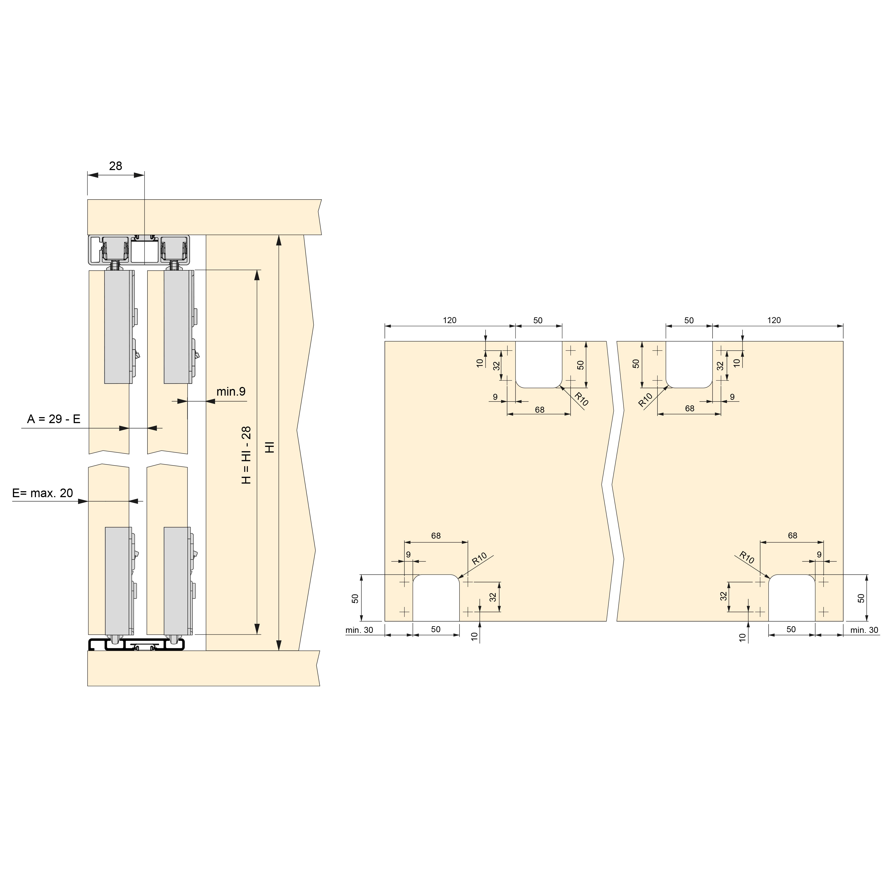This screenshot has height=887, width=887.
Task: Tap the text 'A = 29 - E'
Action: [54, 419]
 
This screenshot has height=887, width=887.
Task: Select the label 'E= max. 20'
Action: [43, 493]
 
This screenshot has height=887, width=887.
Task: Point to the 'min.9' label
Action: [231, 392]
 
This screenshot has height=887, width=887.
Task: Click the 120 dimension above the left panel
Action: [450, 320]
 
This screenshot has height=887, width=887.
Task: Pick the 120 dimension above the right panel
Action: [774, 320]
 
